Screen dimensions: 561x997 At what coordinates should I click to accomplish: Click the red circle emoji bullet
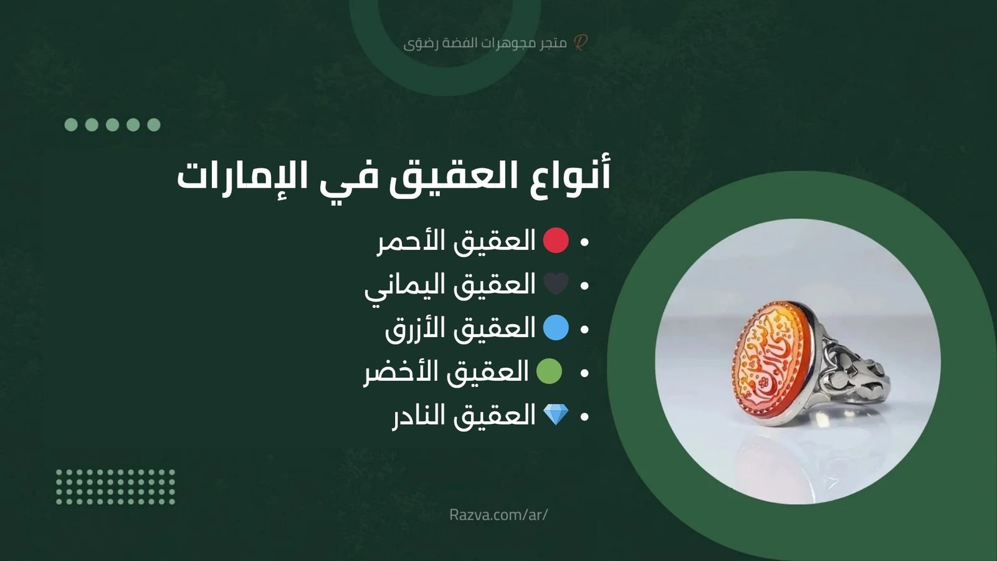click(556, 241)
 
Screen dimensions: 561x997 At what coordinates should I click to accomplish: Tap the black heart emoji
click(556, 284)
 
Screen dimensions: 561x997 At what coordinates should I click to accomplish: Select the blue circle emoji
click(556, 328)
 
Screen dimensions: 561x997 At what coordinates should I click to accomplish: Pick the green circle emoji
click(549, 372)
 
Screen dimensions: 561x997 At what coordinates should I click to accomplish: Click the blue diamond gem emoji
click(556, 415)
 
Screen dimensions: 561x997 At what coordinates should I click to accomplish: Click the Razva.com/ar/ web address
click(499, 515)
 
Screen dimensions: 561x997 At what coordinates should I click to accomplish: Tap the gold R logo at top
click(580, 42)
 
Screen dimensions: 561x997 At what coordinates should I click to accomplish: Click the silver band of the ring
click(854, 374)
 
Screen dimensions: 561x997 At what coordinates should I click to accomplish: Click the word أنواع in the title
click(571, 176)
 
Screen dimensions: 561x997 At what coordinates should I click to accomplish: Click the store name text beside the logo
click(485, 43)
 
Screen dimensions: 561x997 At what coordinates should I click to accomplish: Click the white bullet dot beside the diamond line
click(584, 416)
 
